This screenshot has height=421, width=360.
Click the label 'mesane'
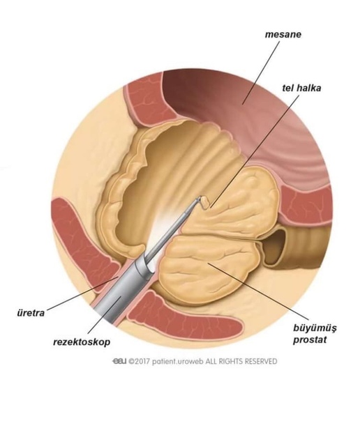[x=283, y=35]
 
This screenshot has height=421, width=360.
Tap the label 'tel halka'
[x=301, y=88]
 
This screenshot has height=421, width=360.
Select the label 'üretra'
[x=31, y=313]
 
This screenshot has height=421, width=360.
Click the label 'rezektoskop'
[x=82, y=342]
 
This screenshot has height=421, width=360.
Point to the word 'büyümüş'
[x=315, y=328]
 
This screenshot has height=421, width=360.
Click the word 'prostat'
[x=310, y=339]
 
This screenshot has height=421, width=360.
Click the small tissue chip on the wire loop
[x=206, y=203]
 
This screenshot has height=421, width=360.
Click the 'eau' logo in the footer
[x=119, y=361]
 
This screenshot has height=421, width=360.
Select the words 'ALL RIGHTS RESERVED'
[x=241, y=361]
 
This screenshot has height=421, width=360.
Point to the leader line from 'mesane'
[x=261, y=72]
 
